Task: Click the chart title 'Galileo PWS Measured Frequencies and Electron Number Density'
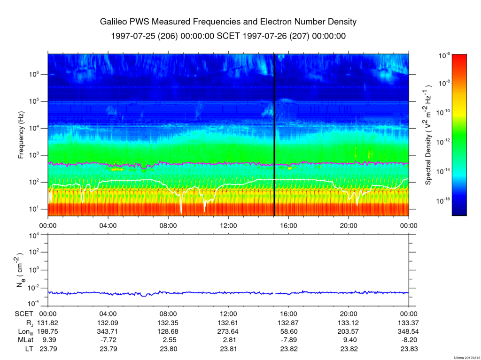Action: tap(228, 22)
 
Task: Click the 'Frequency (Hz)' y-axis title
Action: tap(21, 135)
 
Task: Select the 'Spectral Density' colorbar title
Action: tap(428, 135)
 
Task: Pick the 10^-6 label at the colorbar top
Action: tap(444, 55)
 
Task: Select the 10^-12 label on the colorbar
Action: tap(443, 142)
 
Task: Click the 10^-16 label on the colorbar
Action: tap(443, 201)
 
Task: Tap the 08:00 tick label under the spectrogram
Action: tap(168, 226)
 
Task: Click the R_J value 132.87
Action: tap(288, 323)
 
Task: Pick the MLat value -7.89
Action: tap(288, 340)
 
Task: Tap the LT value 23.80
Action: tap(168, 349)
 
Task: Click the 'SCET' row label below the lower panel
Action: tap(23, 314)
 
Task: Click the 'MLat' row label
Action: tap(25, 340)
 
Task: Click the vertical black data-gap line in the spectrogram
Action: tap(274, 135)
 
